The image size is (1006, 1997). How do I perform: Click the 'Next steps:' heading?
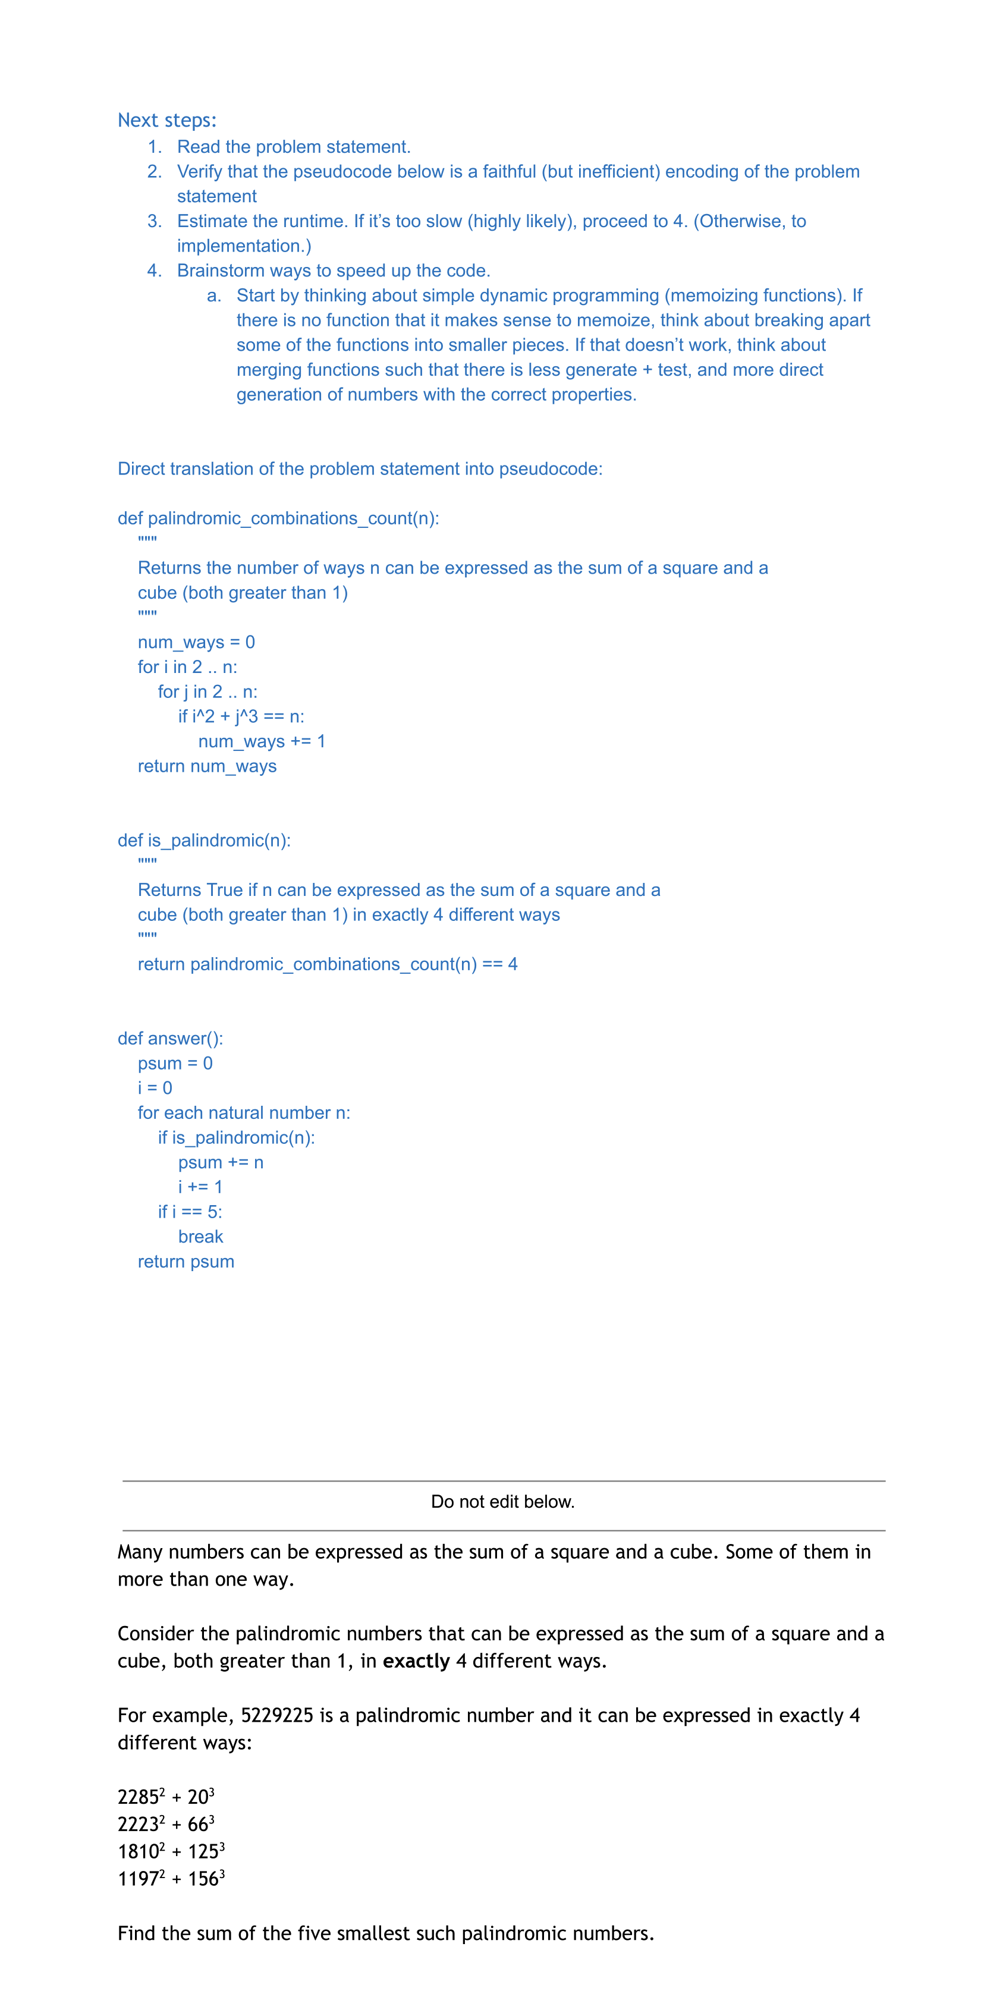pyautogui.click(x=166, y=120)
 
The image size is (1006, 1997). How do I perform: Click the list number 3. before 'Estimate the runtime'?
pyautogui.click(x=154, y=221)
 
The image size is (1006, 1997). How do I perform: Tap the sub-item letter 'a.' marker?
pyautogui.click(x=214, y=295)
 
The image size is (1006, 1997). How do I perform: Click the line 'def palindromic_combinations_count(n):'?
pyautogui.click(x=278, y=518)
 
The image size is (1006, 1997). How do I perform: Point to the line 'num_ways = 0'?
pyautogui.click(x=196, y=642)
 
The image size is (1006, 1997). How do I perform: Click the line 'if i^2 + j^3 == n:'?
pyautogui.click(x=241, y=716)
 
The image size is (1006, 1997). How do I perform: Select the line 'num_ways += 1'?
pyautogui.click(x=261, y=741)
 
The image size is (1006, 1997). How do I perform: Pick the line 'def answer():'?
pyautogui.click(x=169, y=1038)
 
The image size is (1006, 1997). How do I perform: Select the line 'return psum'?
pyautogui.click(x=186, y=1262)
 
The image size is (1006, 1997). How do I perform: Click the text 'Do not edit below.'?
pyautogui.click(x=502, y=1502)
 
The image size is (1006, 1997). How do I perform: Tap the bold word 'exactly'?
pyautogui.click(x=416, y=1661)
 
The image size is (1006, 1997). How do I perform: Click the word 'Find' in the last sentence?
pyautogui.click(x=136, y=1933)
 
